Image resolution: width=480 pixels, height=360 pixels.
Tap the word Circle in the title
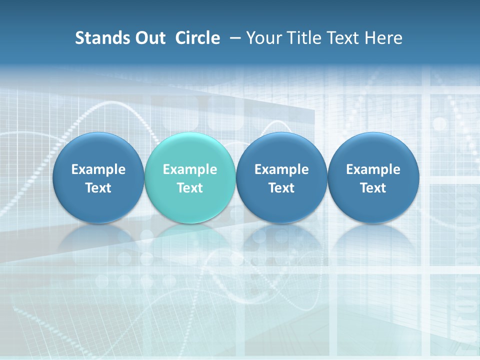pos(197,38)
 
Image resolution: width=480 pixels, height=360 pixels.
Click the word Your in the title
pos(263,38)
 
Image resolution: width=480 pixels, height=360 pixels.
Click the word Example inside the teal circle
pos(190,169)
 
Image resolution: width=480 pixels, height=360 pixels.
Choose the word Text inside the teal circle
pos(190,188)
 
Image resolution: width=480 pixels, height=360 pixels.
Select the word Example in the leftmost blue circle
pos(98,169)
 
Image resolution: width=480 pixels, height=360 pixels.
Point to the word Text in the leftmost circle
pos(98,188)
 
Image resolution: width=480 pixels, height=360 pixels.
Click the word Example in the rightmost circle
pos(373,169)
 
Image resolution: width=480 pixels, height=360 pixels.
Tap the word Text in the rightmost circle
pos(373,188)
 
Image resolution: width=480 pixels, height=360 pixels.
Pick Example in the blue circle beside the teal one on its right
pos(281,169)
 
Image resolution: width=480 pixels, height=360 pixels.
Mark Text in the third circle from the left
pos(281,188)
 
